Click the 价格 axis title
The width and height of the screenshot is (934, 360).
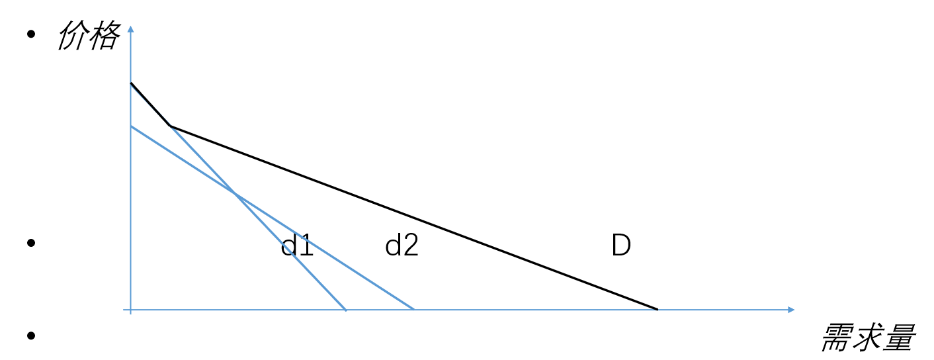(x=88, y=35)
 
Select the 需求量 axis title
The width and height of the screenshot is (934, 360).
(x=867, y=337)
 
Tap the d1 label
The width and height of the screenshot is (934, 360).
(x=297, y=246)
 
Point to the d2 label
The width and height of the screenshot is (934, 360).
(x=402, y=246)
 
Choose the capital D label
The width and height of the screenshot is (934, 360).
(x=620, y=246)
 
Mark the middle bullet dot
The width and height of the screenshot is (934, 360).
(x=30, y=243)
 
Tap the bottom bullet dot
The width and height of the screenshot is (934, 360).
(x=30, y=335)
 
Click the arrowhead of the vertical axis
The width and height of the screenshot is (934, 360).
(x=131, y=28)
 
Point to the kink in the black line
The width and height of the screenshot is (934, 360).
(x=171, y=126)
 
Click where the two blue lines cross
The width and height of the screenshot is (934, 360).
(x=233, y=193)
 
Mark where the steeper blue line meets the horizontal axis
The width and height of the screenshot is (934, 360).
(x=345, y=309)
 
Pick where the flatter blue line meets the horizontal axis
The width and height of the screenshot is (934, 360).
(x=413, y=309)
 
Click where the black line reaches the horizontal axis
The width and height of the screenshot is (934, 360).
(x=657, y=309)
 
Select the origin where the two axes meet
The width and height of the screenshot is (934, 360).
(x=131, y=309)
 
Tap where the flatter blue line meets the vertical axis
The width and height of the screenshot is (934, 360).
(x=131, y=126)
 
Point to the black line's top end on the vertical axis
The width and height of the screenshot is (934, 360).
(x=131, y=83)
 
